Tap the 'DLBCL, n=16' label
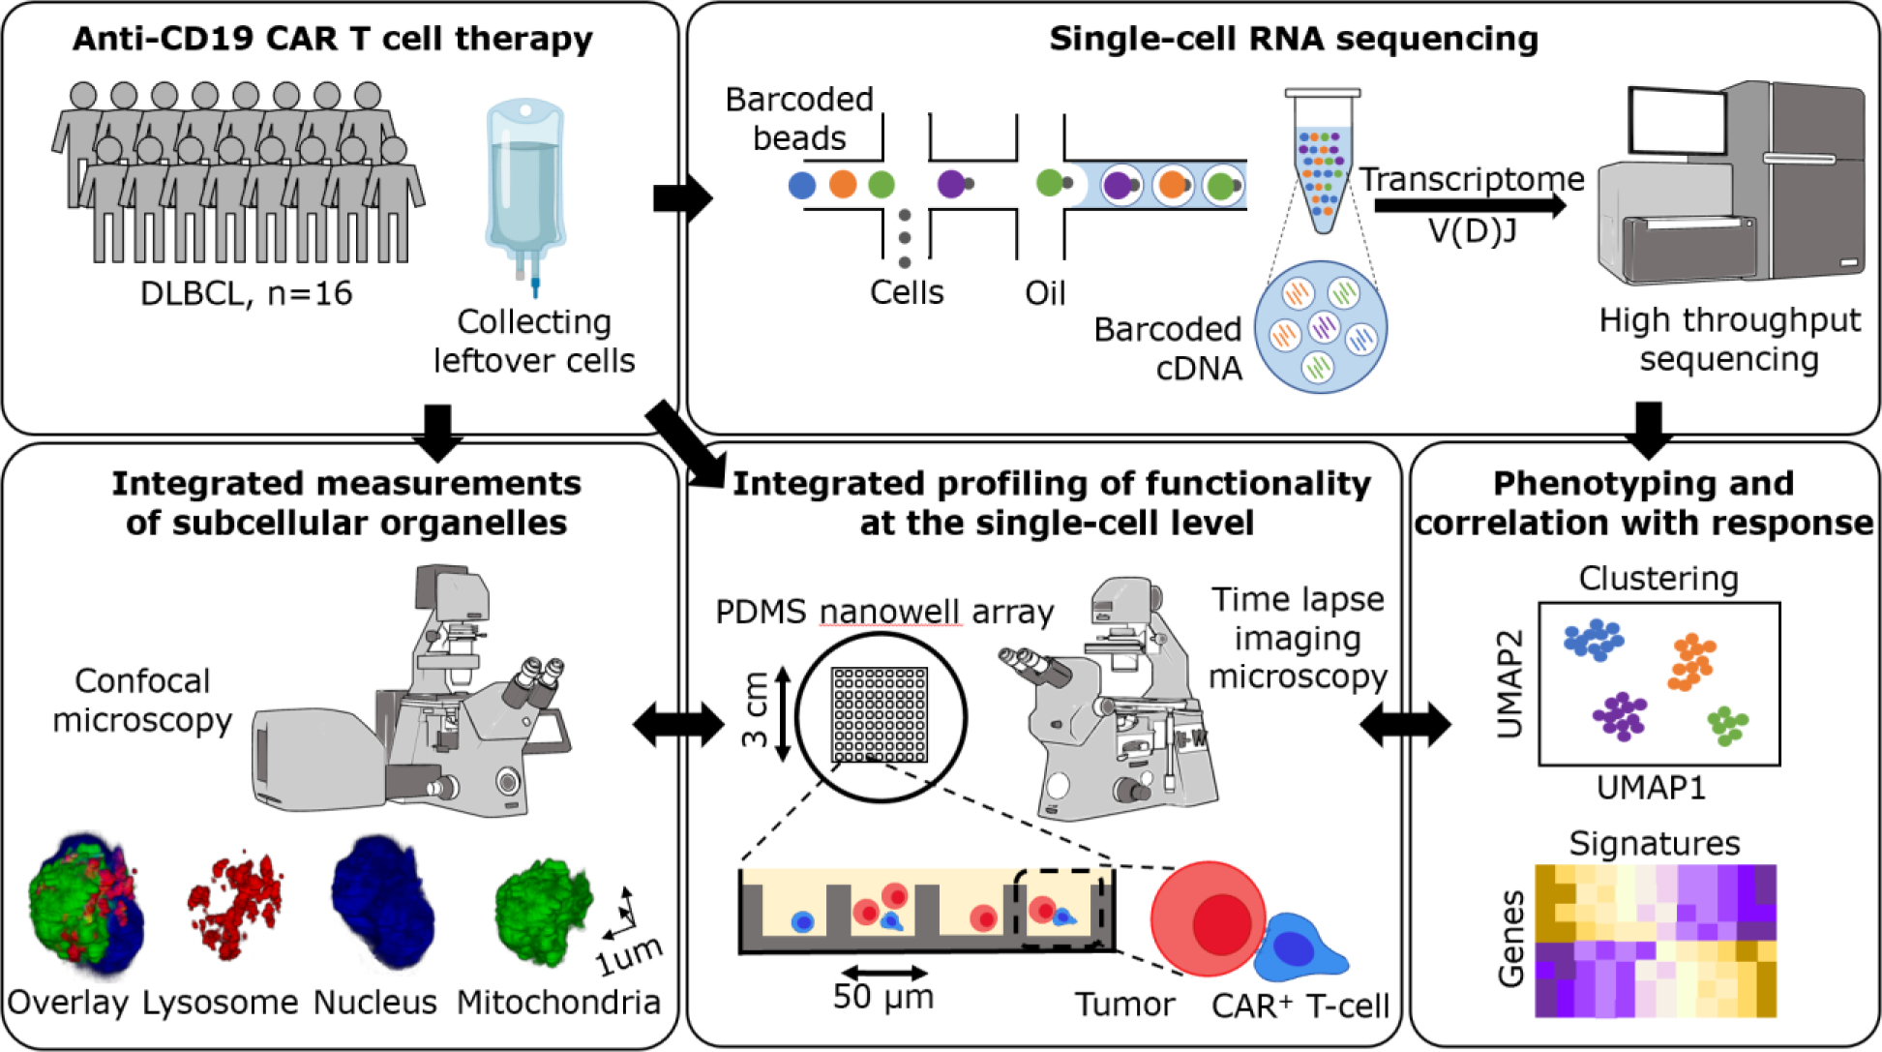pos(246,293)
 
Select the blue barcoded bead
pos(802,184)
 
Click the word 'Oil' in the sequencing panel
pos(1045,292)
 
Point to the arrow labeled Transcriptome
pos(1469,205)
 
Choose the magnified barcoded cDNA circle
pos(1321,327)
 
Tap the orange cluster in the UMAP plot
pos(1691,662)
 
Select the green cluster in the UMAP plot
pos(1727,725)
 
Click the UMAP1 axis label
pos(1651,788)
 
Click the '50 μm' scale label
pos(883,996)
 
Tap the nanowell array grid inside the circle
pos(880,714)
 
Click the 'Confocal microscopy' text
pos(142,700)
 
